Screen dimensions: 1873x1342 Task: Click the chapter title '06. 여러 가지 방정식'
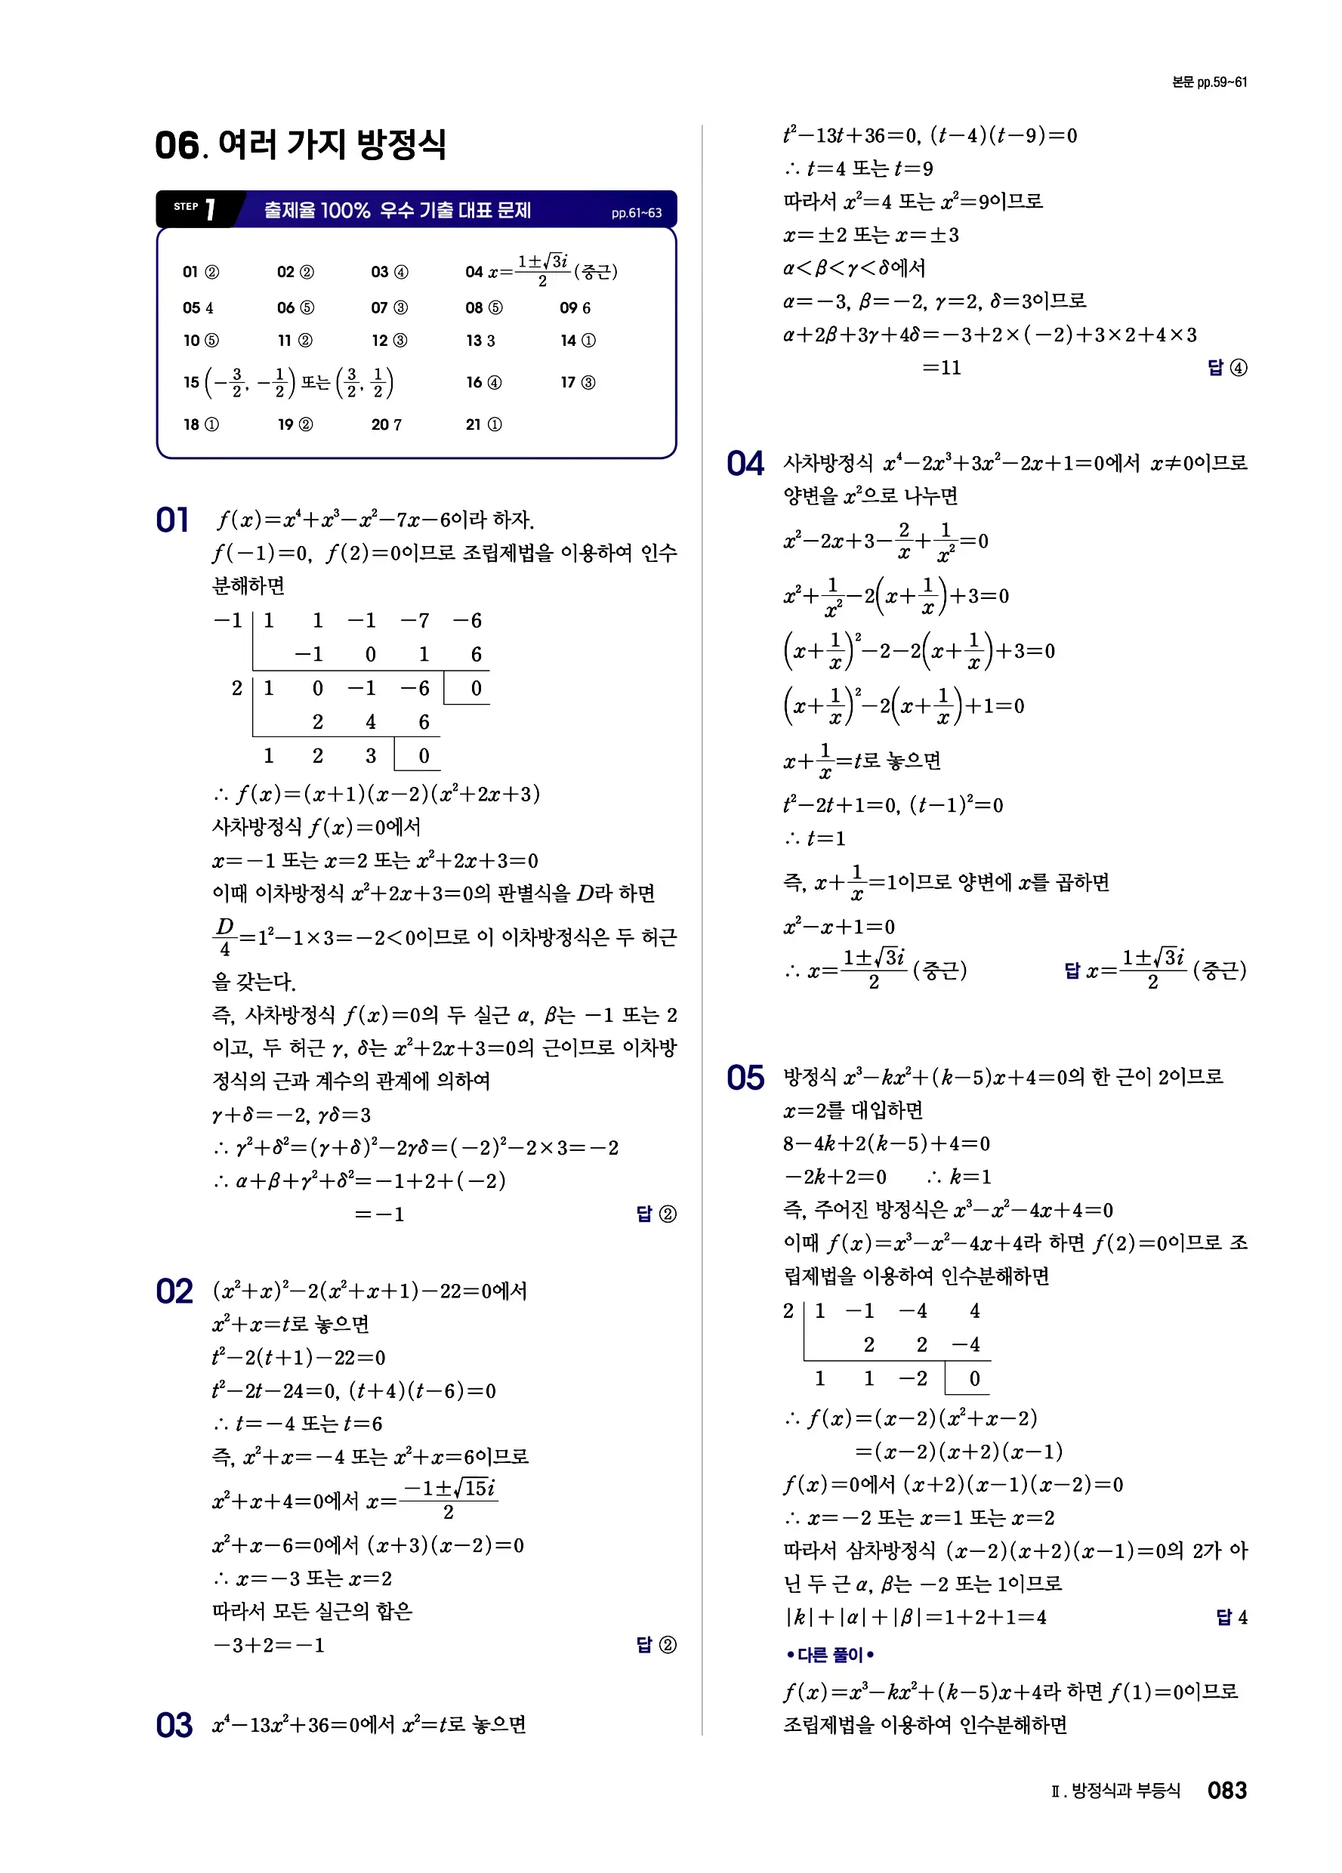click(x=301, y=144)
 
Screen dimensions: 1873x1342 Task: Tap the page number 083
click(x=1226, y=1790)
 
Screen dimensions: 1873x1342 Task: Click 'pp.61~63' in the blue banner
click(x=636, y=213)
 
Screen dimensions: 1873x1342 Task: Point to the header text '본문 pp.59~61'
click(x=1209, y=82)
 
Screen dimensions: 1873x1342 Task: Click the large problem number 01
click(x=173, y=520)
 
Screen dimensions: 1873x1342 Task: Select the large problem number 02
click(x=174, y=1291)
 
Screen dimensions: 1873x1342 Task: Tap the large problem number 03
click(x=174, y=1725)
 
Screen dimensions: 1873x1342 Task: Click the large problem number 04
click(x=745, y=463)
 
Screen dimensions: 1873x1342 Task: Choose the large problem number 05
click(x=745, y=1078)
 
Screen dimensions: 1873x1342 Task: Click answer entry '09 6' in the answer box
click(x=575, y=308)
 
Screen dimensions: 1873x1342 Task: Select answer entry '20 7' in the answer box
click(x=387, y=424)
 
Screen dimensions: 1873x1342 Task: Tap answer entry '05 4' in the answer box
click(x=198, y=308)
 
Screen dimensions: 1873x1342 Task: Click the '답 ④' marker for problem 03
click(x=1227, y=368)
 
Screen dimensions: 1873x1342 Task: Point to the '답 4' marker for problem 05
click(x=1231, y=1616)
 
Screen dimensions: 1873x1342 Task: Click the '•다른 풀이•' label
click(x=830, y=1655)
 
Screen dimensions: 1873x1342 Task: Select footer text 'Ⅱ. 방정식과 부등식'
click(x=1115, y=1791)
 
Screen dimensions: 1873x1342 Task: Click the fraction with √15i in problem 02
click(x=449, y=1500)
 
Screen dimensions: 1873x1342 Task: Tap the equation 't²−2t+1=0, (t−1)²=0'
click(x=893, y=804)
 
